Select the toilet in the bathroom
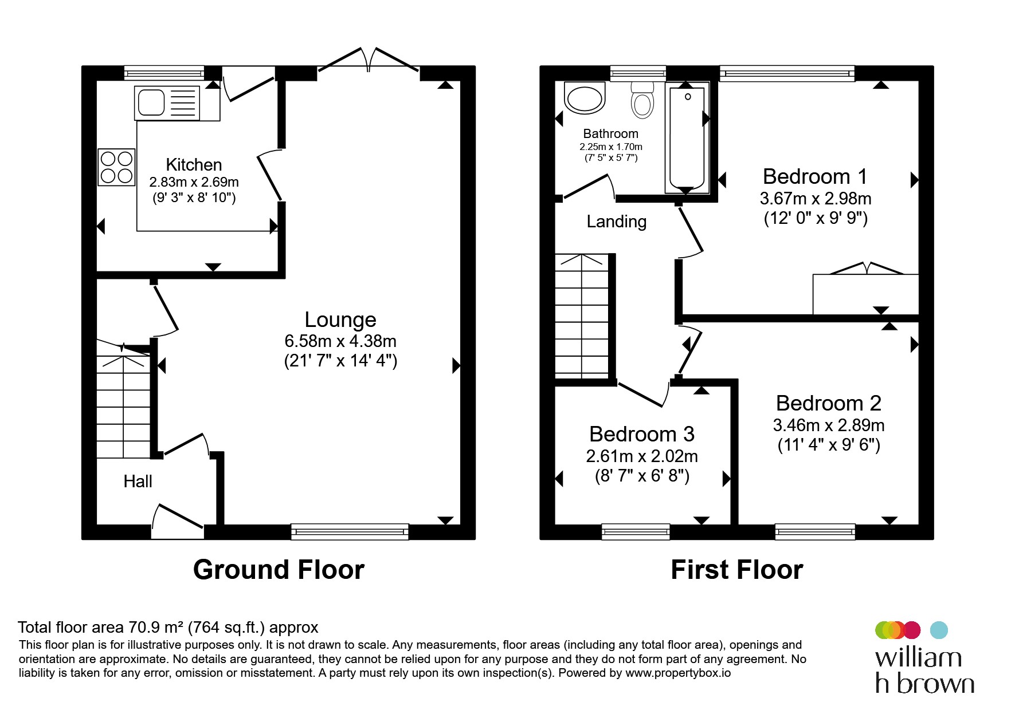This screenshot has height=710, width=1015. (642, 100)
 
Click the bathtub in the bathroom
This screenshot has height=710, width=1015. (687, 137)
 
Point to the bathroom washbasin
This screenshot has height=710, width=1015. (585, 97)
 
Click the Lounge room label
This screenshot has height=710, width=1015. (340, 319)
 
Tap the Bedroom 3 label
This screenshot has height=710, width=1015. (642, 434)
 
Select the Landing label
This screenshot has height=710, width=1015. (617, 222)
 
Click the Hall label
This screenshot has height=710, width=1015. (138, 481)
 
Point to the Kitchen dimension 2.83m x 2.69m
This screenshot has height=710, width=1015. (194, 182)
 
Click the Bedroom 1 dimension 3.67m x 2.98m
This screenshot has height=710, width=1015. (816, 199)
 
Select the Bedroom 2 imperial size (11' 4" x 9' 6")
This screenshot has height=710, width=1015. (829, 445)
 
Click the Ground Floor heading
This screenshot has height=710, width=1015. (279, 570)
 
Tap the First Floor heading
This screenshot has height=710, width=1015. (737, 570)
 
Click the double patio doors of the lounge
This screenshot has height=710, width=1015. (369, 60)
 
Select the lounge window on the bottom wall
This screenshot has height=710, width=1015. (350, 532)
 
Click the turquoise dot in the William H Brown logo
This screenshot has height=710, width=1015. (939, 630)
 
